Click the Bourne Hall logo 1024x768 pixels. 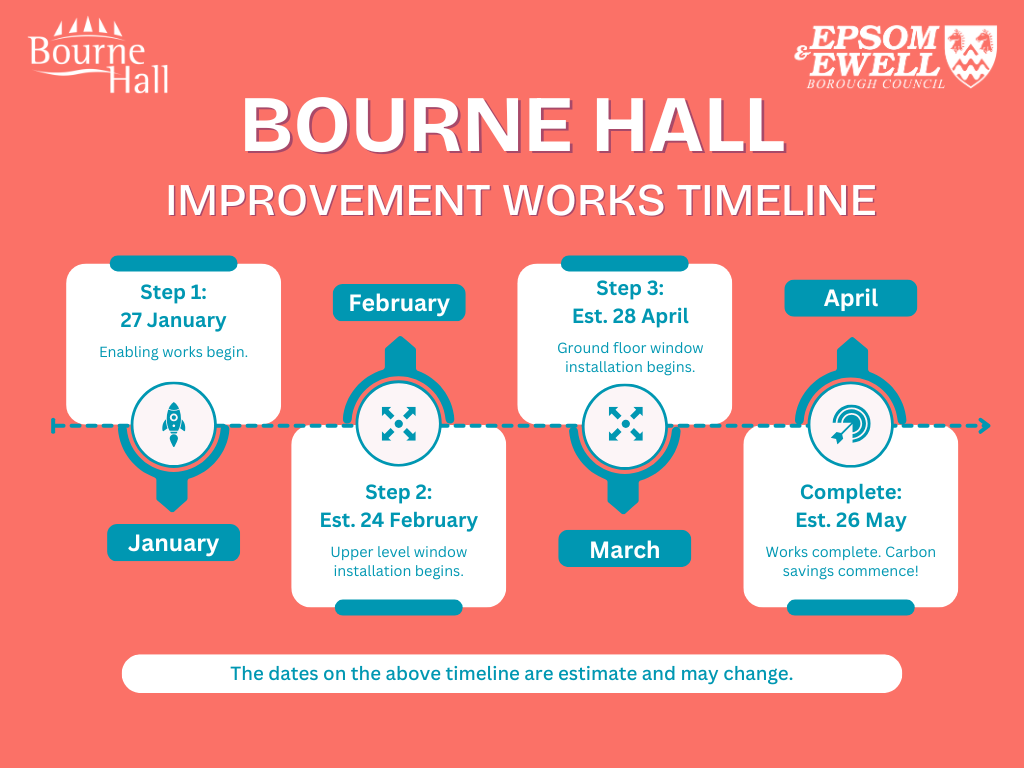99,56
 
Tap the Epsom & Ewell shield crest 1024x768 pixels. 970,55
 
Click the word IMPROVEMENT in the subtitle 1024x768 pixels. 328,200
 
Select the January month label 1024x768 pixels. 173,543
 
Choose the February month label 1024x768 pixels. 399,303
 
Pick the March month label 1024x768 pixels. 624,549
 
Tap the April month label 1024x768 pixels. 850,298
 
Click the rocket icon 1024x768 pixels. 174,424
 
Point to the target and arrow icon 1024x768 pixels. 850,424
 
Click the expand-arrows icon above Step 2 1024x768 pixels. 398,424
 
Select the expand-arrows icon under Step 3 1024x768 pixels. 625,424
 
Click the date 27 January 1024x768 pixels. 173,320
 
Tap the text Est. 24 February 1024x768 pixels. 398,520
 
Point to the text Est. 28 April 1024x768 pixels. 630,316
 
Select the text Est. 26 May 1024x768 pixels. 850,520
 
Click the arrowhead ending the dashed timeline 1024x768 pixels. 985,426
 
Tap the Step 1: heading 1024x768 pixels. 173,292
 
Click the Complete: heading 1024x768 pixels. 850,492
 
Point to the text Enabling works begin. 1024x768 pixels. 173,352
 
